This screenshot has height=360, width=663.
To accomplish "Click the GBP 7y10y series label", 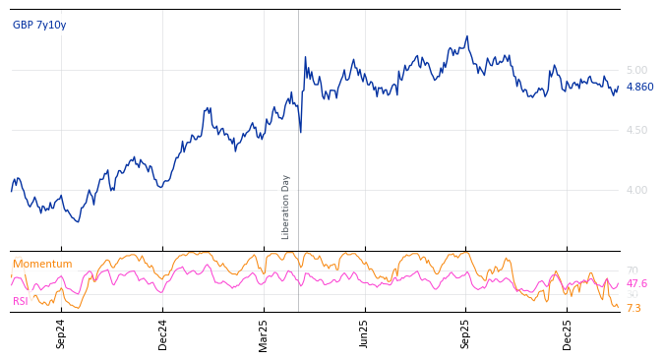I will pyautogui.click(x=39, y=25).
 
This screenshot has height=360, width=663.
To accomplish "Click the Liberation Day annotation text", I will pyautogui.click(x=286, y=207).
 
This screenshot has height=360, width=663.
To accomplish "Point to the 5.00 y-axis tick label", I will pyautogui.click(x=636, y=70).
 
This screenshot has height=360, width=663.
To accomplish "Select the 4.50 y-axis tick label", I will pyautogui.click(x=636, y=130).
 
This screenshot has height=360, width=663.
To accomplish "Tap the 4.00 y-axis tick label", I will pyautogui.click(x=636, y=190).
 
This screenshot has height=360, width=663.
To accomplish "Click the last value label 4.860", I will pyautogui.click(x=639, y=87).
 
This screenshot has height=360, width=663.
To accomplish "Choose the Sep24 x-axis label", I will pyautogui.click(x=61, y=333).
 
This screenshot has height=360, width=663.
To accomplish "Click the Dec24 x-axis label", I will pyautogui.click(x=163, y=333).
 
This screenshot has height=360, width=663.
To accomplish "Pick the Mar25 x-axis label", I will pyautogui.click(x=264, y=333).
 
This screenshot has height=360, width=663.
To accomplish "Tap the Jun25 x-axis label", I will pyautogui.click(x=365, y=333).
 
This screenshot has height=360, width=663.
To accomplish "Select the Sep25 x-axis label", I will pyautogui.click(x=466, y=333).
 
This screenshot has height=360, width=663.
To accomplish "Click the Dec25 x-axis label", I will pyautogui.click(x=568, y=333).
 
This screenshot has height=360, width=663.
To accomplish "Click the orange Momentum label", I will pyautogui.click(x=42, y=264).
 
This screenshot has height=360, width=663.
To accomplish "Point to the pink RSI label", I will pyautogui.click(x=20, y=301).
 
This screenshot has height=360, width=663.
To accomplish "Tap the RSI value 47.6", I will pyautogui.click(x=636, y=283).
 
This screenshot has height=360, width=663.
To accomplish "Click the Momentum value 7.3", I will pyautogui.click(x=633, y=308).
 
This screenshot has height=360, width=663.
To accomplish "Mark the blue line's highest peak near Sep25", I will pyautogui.click(x=467, y=36).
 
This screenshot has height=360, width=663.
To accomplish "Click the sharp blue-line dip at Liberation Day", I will pyautogui.click(x=300, y=131).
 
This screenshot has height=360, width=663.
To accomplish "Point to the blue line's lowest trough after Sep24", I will pyautogui.click(x=78, y=221).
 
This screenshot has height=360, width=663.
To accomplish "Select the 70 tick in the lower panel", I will pyautogui.click(x=633, y=270).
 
